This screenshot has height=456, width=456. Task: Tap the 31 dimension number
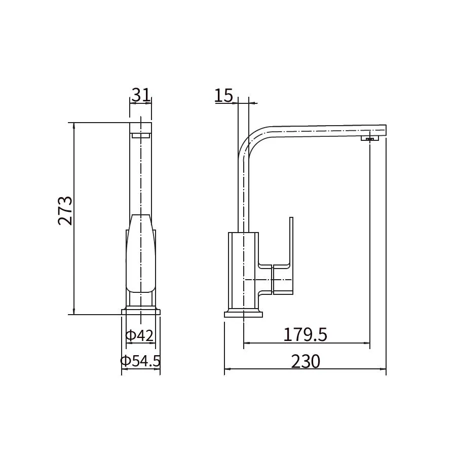pyautogui.click(x=141, y=95)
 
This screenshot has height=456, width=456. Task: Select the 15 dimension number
pyautogui.click(x=224, y=95)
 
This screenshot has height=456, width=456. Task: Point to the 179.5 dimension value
pyautogui.click(x=305, y=334)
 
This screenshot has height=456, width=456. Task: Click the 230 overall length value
pyautogui.click(x=306, y=361)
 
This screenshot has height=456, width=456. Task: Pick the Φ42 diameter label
pyautogui.click(x=139, y=335)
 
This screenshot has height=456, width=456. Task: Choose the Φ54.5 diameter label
pyautogui.click(x=140, y=361)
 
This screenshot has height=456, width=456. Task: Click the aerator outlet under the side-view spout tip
pyautogui.click(x=370, y=138)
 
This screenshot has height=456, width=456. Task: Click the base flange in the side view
pyautogui.click(x=243, y=314)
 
